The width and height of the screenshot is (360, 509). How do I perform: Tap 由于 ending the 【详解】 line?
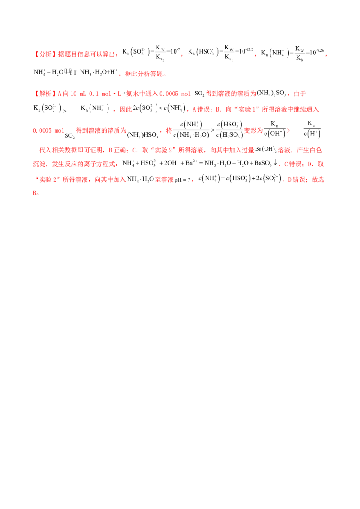coord(302,94)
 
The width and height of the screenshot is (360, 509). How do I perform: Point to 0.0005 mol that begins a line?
coord(44,131)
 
